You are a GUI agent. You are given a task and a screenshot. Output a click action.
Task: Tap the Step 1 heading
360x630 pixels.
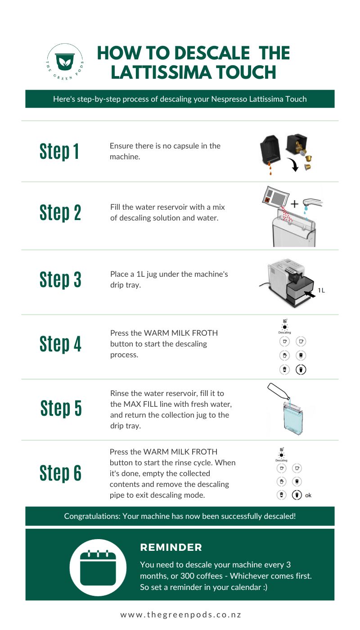click(59, 152)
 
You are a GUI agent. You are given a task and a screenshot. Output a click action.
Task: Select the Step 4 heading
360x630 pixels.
click(60, 344)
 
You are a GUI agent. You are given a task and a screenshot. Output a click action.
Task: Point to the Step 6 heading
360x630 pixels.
click(60, 473)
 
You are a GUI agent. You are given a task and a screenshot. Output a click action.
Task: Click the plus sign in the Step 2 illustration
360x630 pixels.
click(294, 204)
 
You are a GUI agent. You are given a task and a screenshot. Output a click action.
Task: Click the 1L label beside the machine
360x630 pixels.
click(321, 290)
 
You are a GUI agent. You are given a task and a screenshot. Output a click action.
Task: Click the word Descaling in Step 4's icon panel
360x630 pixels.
click(284, 333)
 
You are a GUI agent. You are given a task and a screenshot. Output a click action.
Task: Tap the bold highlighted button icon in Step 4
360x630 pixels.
click(301, 369)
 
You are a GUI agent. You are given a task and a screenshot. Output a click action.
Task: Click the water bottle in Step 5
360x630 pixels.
click(278, 392)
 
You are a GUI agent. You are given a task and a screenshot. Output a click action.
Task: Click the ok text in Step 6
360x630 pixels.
click(308, 495)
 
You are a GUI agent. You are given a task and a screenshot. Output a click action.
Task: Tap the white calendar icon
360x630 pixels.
click(98, 567)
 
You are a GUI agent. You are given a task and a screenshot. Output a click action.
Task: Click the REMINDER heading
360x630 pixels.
click(171, 548)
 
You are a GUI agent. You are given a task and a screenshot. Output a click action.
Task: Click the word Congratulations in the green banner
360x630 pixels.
click(91, 516)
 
